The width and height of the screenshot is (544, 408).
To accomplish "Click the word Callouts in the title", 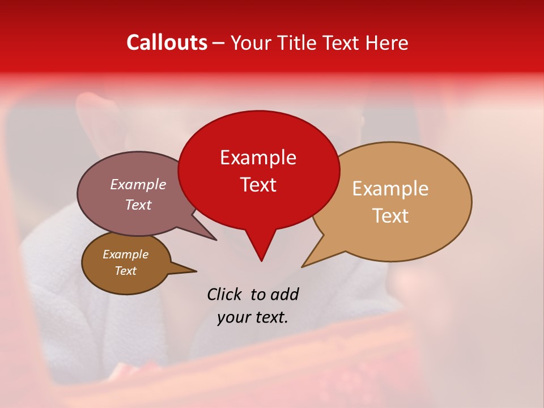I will (x=167, y=42).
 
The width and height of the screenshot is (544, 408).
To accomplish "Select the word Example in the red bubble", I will (x=258, y=158).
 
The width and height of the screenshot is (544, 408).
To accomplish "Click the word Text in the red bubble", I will (x=258, y=185).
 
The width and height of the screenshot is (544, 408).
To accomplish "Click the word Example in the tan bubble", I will (x=390, y=189).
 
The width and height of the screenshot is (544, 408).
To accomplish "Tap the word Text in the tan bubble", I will (x=390, y=216).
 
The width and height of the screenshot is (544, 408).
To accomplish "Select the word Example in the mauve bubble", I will (x=138, y=184).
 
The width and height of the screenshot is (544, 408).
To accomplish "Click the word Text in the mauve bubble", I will (x=138, y=205).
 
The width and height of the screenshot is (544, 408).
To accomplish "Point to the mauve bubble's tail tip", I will (x=216, y=240).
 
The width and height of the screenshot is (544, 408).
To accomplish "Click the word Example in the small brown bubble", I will (x=125, y=254).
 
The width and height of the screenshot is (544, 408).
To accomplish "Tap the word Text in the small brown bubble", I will (x=125, y=271).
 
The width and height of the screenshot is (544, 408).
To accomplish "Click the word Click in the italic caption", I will (x=225, y=294).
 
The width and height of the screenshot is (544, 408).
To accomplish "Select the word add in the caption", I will (x=284, y=294).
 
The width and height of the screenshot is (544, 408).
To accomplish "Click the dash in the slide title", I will (x=219, y=43).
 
